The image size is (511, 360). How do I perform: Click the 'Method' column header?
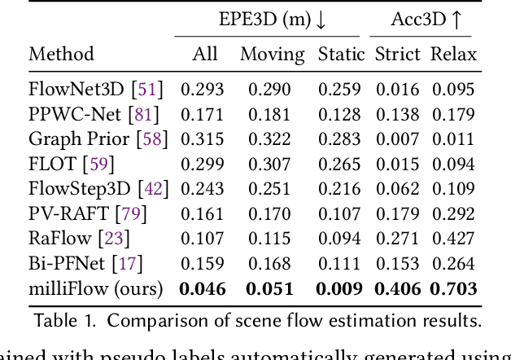coord(62,55)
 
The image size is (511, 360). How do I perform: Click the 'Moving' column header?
coord(272,55)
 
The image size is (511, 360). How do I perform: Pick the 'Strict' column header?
coord(397,55)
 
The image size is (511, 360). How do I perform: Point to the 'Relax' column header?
coord(453,55)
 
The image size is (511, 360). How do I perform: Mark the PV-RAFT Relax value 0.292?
coord(453,214)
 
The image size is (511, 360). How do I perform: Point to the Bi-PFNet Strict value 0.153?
coord(397,264)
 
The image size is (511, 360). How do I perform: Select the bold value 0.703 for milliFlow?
coord(453,289)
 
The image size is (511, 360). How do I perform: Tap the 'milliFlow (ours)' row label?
coord(96,289)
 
